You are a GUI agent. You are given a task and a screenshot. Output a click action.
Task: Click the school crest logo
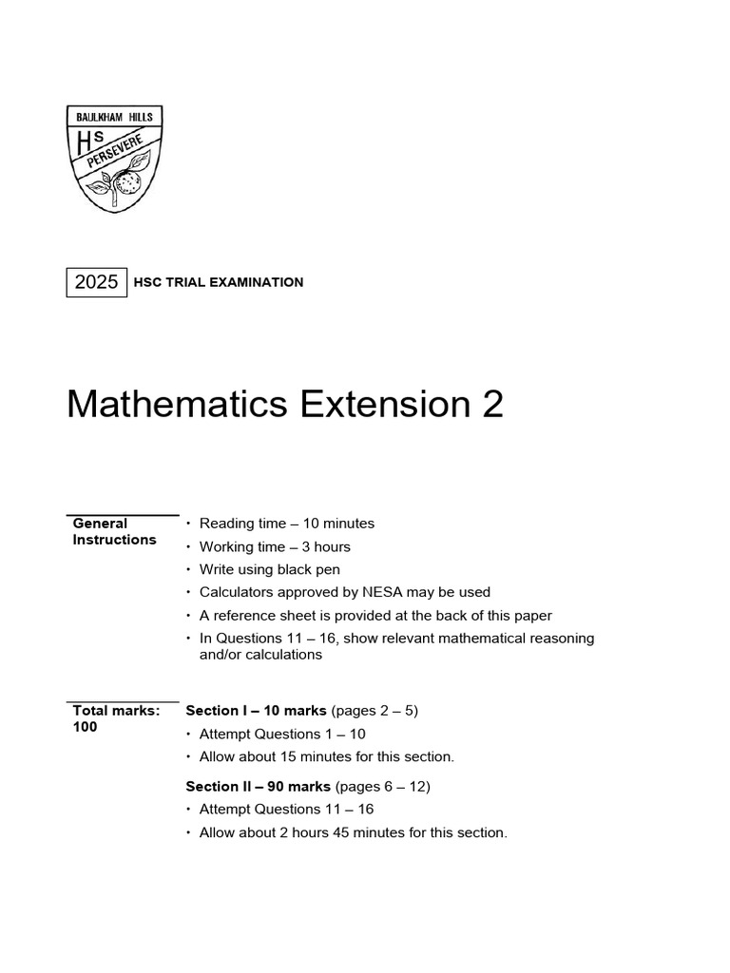pyautogui.click(x=114, y=159)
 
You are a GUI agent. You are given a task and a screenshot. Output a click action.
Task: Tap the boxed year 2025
pyautogui.click(x=96, y=282)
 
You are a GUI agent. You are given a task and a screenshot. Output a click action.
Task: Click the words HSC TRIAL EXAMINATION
pyautogui.click(x=220, y=282)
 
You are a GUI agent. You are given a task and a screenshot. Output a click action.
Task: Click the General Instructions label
pyautogui.click(x=114, y=531)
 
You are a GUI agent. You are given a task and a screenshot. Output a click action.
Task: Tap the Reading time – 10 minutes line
pyautogui.click(x=286, y=524)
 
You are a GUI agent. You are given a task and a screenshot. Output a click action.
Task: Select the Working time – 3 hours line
pyautogui.click(x=275, y=546)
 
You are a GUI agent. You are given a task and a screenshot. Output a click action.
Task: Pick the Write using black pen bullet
pyautogui.click(x=269, y=569)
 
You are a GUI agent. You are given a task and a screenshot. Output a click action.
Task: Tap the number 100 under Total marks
pyautogui.click(x=86, y=727)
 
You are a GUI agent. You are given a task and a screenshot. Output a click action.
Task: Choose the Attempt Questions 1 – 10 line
pyautogui.click(x=281, y=734)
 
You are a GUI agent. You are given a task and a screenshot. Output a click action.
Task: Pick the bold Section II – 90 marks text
pyautogui.click(x=258, y=786)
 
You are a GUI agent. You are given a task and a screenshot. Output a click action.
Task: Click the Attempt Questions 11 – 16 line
pyautogui.click(x=286, y=809)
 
